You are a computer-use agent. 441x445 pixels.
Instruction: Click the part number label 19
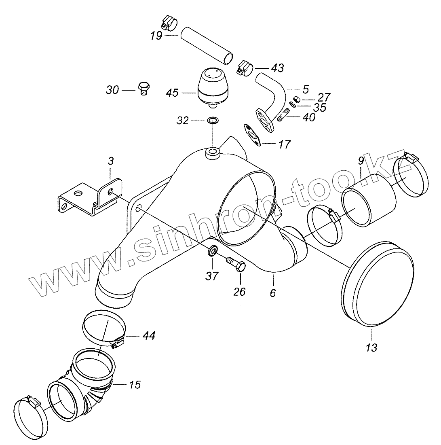156,36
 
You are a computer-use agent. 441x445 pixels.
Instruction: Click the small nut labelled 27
296,99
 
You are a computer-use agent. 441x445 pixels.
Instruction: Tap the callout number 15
135,384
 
